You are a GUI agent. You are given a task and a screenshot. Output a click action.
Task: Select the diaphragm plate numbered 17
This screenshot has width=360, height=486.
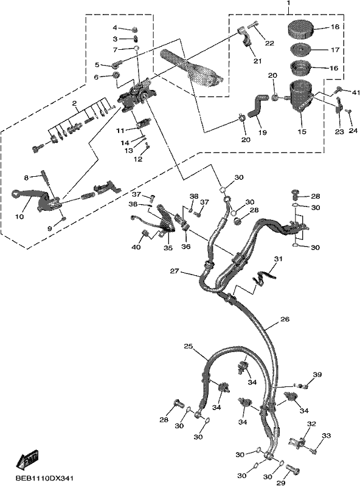[300, 50]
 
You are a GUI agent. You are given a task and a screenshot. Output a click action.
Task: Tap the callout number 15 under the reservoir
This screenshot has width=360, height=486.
[302, 132]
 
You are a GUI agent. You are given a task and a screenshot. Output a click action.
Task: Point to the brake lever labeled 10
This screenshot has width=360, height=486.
[31, 199]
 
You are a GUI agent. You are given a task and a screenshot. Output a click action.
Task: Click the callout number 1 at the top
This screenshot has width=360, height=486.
[288, 3]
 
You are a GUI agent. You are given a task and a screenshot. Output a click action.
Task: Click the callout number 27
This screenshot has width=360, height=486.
[175, 271]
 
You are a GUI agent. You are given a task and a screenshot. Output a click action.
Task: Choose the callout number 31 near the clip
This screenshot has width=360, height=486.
[279, 259]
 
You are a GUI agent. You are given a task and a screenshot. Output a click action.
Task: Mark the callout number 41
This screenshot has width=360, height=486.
[356, 92]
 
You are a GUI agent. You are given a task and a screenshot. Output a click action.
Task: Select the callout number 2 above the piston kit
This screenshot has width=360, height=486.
[74, 103]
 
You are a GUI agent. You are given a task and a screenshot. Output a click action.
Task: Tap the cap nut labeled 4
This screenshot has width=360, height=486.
[134, 29]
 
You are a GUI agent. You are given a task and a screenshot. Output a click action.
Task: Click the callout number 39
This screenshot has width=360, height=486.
[317, 374]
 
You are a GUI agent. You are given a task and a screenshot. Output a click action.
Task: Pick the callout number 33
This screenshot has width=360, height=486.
[326, 436]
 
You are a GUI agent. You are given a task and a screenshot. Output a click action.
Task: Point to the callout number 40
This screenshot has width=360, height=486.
[136, 247]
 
